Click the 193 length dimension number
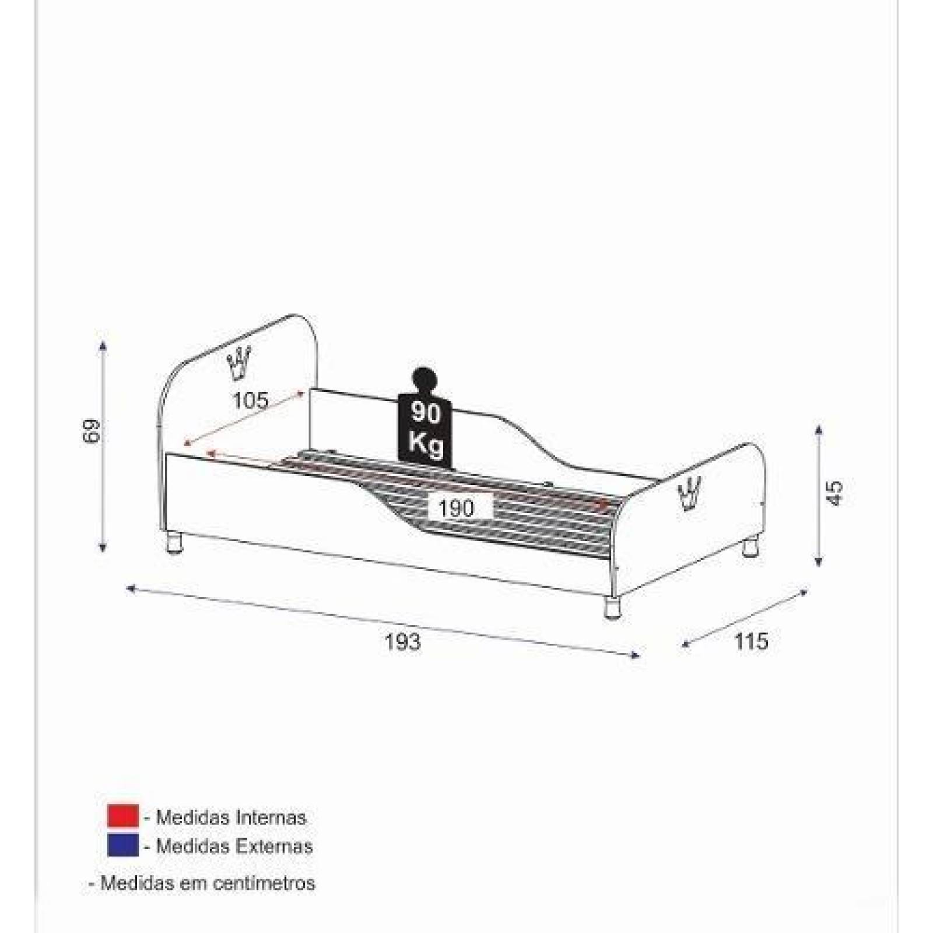[x=403, y=642]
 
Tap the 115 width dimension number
[x=751, y=641]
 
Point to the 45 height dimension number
[x=835, y=493]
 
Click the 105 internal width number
[x=251, y=401]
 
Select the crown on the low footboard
[x=691, y=493]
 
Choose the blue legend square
[x=122, y=846]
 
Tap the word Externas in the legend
[x=274, y=846]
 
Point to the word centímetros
[x=264, y=883]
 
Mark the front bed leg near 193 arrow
[x=611, y=607]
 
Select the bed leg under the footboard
[x=750, y=549]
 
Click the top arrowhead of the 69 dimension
[x=103, y=345]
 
